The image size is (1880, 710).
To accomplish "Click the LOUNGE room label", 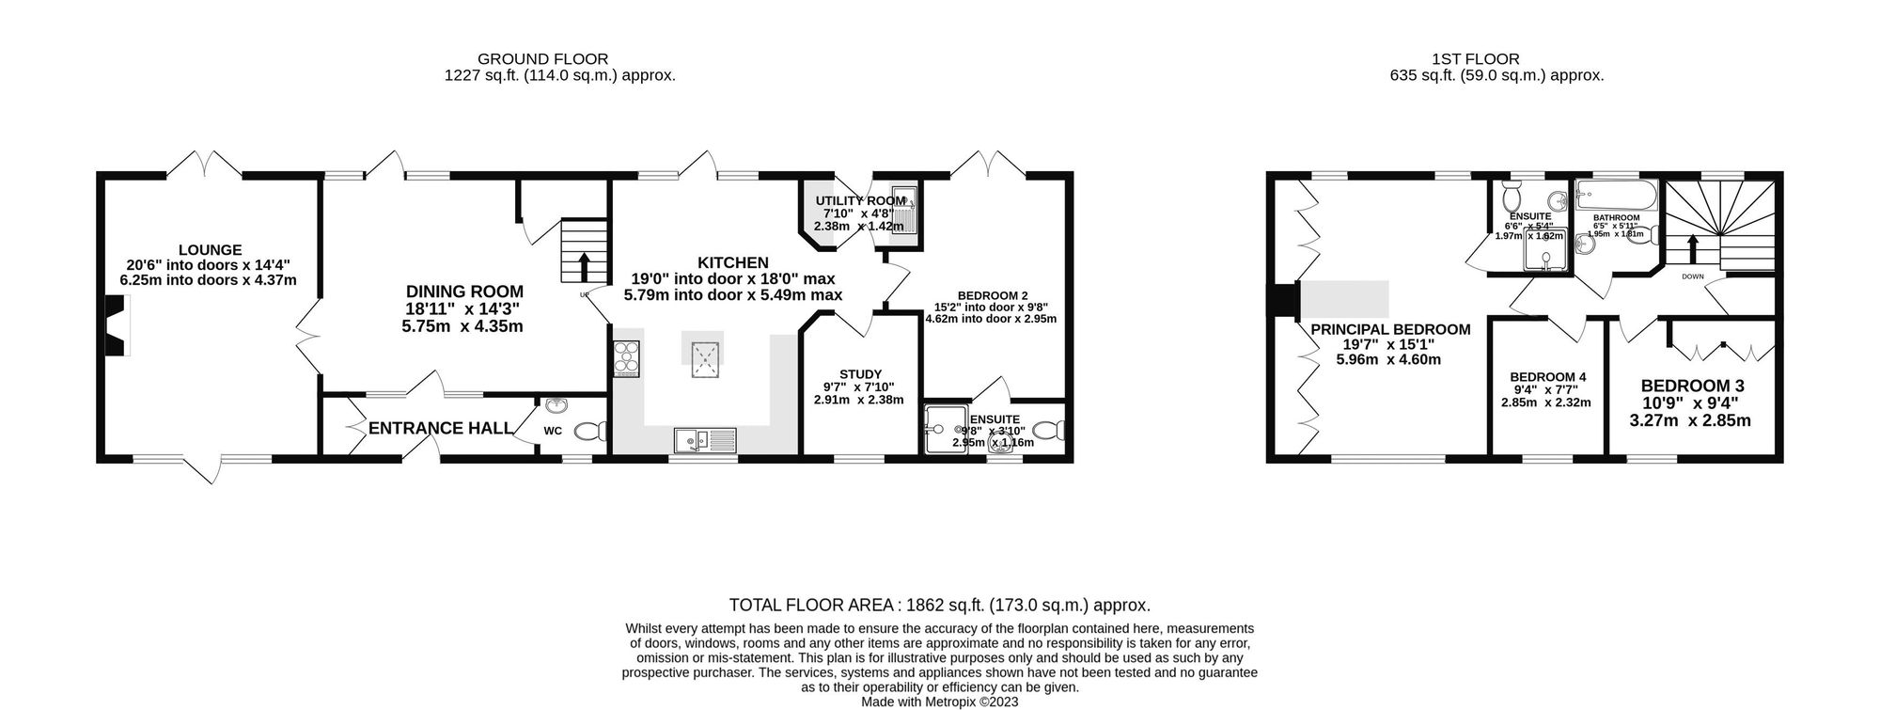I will (210, 250).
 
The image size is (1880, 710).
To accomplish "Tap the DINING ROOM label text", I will (464, 292).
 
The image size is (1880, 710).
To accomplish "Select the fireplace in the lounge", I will (115, 325).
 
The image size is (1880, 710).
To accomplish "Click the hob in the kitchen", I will (626, 358).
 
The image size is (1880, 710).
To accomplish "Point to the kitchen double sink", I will (706, 439).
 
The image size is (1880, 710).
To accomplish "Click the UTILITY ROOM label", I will (860, 200).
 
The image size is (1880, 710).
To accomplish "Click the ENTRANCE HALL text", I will (440, 429).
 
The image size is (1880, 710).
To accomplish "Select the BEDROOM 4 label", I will (1545, 376).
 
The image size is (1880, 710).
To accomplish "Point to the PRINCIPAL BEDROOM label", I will (1390, 329).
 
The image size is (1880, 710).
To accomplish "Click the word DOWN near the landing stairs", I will (1692, 276).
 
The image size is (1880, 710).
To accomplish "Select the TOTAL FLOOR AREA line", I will (939, 606).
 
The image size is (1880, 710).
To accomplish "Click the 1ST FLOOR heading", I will (1496, 58).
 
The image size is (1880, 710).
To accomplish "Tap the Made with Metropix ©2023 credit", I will (939, 702).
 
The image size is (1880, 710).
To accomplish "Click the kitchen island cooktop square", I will (704, 357).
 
